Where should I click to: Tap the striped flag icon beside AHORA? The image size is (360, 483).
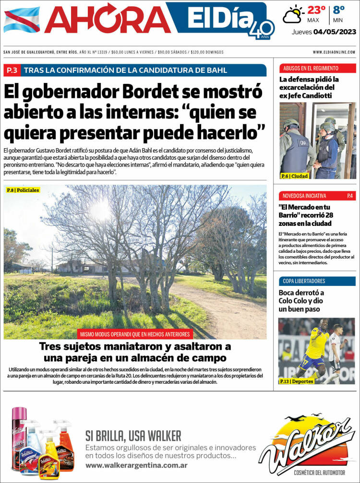tap(22, 20)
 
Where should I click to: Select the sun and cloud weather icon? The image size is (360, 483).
tap(293, 14)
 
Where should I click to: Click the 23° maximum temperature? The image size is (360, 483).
tap(316, 10)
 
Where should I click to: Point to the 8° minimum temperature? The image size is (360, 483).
tap(339, 10)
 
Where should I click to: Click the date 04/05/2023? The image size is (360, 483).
tap(335, 32)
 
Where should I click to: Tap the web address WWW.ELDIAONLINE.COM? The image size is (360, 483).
tap(334, 52)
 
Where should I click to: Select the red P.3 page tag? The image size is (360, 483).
tap(12, 71)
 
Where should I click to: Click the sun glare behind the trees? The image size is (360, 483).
tap(101, 210)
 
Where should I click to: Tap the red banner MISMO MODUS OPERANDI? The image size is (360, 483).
tap(135, 334)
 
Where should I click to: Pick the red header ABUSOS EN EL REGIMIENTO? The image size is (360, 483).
tap(311, 68)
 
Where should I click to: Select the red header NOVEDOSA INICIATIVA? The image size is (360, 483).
tap(304, 196)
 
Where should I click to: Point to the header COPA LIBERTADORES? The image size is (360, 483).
tap(304, 281)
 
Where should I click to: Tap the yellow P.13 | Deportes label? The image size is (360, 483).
tap(297, 381)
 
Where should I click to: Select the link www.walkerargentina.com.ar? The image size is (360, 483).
tap(136, 466)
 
